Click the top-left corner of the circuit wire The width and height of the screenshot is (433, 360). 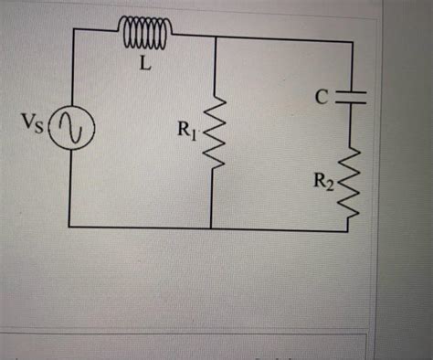click(x=71, y=29)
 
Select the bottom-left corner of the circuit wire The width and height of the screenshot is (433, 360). click(x=69, y=226)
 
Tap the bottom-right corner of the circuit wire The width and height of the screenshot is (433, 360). click(x=347, y=230)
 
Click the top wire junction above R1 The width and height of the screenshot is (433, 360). click(x=213, y=37)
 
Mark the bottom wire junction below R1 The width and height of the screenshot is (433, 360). click(x=211, y=228)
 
